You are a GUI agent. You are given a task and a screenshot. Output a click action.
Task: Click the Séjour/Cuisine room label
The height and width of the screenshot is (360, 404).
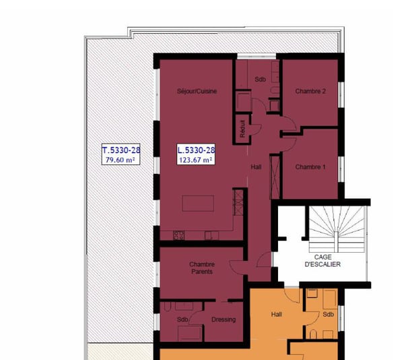pyautogui.click(x=197, y=92)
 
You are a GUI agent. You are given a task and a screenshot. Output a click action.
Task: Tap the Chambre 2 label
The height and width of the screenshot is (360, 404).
pyautogui.click(x=310, y=92)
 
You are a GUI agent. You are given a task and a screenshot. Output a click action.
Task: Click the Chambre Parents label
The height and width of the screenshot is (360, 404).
pyautogui.click(x=201, y=268)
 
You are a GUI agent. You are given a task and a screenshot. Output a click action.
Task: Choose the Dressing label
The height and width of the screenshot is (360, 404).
pyautogui.click(x=224, y=320)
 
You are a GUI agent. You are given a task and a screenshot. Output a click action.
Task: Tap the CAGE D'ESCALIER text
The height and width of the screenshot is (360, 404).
pyautogui.click(x=322, y=260)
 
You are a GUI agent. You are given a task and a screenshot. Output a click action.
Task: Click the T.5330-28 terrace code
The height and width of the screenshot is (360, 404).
pyautogui.click(x=121, y=150)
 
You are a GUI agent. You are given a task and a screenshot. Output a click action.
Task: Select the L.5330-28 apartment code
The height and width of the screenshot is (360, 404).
pyautogui.click(x=196, y=150)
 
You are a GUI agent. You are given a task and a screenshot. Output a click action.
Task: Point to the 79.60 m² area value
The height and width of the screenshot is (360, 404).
pyautogui.click(x=121, y=160)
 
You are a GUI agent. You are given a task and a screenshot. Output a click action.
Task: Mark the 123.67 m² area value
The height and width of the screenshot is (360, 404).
pyautogui.click(x=196, y=160)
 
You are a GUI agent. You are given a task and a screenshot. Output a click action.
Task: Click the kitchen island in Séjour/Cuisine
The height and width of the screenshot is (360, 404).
pyautogui.click(x=198, y=204)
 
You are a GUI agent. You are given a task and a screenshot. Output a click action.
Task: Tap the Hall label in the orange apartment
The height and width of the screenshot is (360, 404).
pyautogui.click(x=277, y=313)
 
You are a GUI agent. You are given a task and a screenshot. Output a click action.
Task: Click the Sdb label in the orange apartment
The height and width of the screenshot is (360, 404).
pyautogui.click(x=328, y=314)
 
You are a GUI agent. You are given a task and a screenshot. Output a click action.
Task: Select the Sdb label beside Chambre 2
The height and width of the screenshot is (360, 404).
pyautogui.click(x=260, y=80)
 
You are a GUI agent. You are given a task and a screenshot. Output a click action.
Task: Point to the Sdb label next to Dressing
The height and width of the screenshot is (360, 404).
pyautogui.click(x=182, y=320)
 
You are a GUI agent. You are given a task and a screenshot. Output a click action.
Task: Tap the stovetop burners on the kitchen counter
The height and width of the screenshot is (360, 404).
pyautogui.click(x=179, y=235)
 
